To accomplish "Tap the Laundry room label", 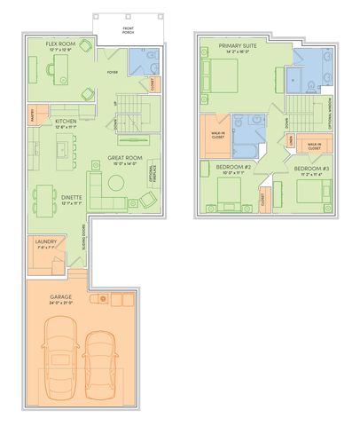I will [45, 241].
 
